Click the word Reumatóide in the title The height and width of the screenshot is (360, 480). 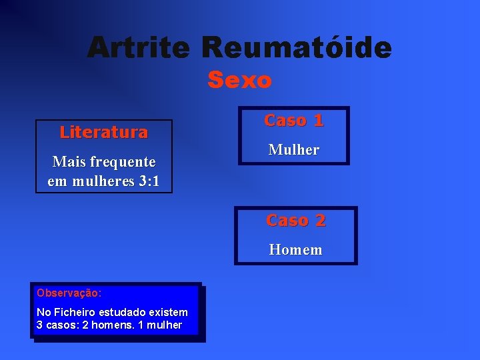297,47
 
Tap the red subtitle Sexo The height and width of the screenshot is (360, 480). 239,81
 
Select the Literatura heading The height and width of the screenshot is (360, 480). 104,132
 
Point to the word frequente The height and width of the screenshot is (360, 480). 123,162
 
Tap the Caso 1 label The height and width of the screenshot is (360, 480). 294,121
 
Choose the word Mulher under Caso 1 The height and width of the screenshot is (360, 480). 294,150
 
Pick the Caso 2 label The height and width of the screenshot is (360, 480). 295,221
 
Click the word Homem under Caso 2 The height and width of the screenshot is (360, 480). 295,250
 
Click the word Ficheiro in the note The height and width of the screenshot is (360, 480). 74,312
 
